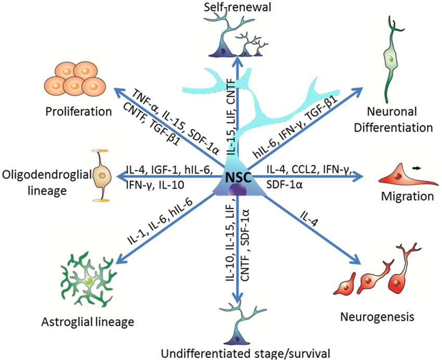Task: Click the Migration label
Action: pyautogui.click(x=407, y=196)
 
